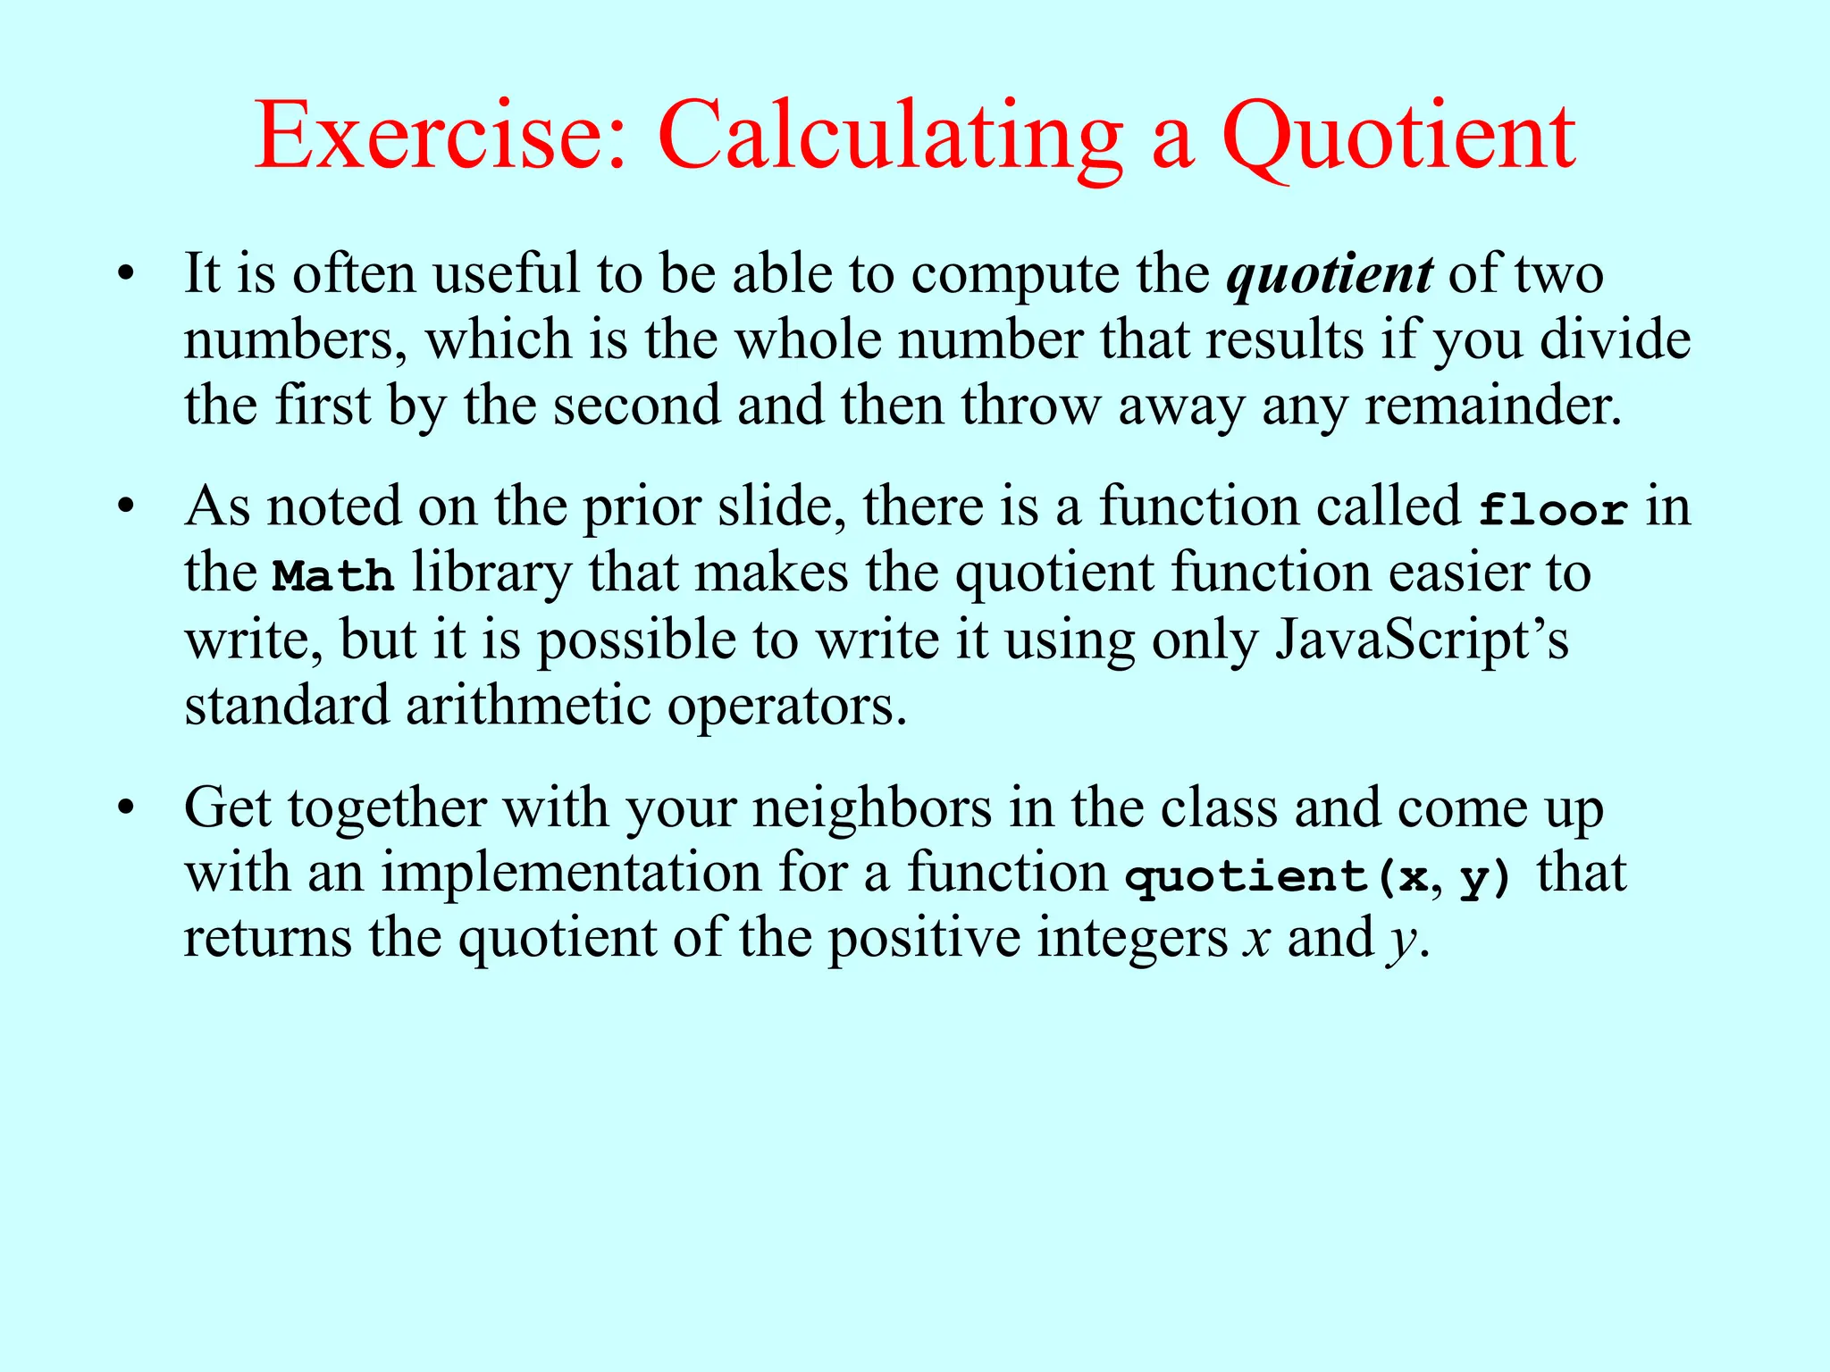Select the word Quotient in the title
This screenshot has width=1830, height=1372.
click(1398, 136)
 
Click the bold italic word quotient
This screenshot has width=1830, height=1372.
click(1331, 274)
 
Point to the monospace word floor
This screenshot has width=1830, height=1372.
click(1553, 509)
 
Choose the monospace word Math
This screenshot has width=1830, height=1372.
click(332, 575)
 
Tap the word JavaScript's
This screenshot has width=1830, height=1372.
click(1422, 640)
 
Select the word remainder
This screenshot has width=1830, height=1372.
click(1492, 406)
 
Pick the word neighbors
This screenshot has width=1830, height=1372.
click(871, 808)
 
